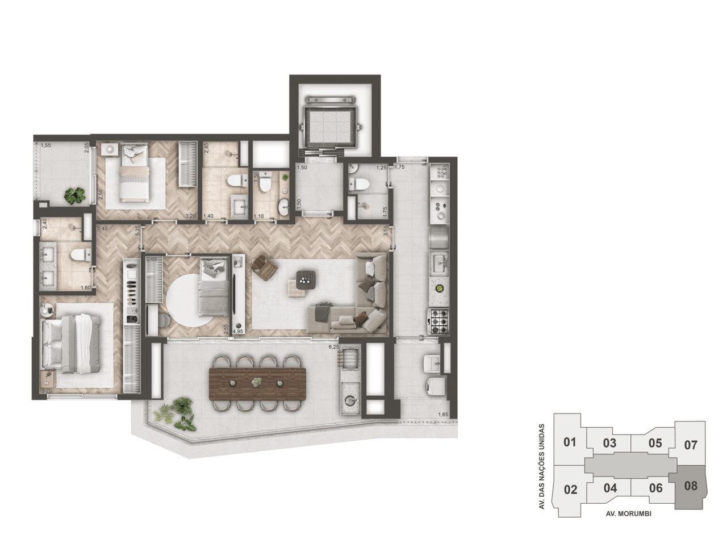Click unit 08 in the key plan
click(x=691, y=486)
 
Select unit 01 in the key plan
click(x=570, y=442)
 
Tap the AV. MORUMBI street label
click(x=628, y=513)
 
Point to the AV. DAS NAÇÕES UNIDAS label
click(x=542, y=466)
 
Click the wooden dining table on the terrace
click(x=257, y=384)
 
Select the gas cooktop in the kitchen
click(x=438, y=322)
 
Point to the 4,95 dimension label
click(x=238, y=331)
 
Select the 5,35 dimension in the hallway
click(x=137, y=230)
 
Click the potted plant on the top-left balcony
click(x=74, y=195)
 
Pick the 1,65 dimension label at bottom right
click(x=443, y=415)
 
